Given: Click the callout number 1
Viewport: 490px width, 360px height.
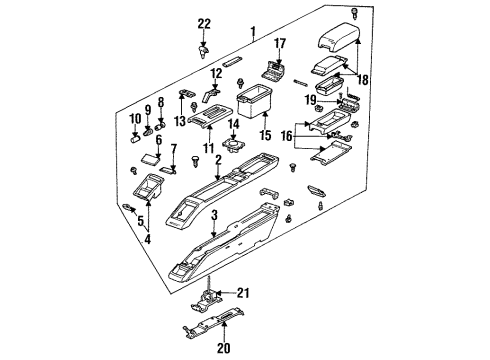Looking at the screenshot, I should (x=253, y=32).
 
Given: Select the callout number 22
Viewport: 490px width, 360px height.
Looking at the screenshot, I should (x=204, y=24).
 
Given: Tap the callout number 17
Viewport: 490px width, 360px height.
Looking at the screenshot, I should (x=281, y=43).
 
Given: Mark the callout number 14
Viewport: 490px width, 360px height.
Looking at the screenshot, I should (x=232, y=124).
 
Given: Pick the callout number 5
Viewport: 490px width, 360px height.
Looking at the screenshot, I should (x=140, y=221).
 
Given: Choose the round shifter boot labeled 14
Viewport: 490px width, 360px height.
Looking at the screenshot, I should (x=236, y=146).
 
